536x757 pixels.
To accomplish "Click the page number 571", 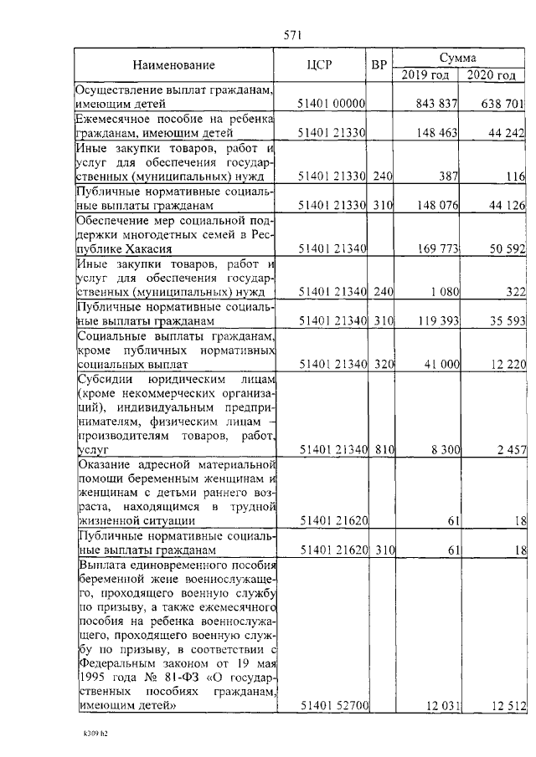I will point(292,35).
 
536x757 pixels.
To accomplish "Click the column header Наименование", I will point(173,65).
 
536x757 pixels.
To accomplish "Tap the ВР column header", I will point(379,65).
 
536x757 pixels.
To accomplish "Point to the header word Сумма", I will point(458,58).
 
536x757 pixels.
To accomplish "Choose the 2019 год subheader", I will point(425,75).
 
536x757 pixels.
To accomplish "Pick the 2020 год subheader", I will point(492,75).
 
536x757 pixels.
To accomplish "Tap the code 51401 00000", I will point(332,104).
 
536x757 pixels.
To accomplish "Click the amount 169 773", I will point(436,248).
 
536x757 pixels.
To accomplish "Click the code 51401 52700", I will point(332,707).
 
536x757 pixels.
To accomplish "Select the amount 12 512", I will point(505,707).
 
